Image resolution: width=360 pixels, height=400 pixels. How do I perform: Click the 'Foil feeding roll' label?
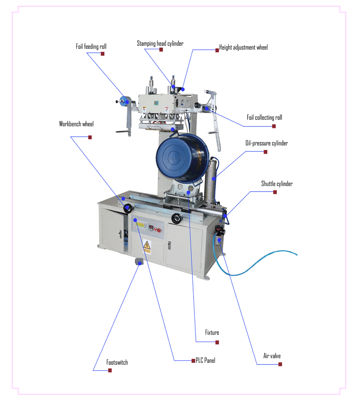pyautogui.click(x=91, y=46)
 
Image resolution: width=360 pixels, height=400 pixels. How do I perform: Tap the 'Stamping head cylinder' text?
pyautogui.click(x=160, y=43)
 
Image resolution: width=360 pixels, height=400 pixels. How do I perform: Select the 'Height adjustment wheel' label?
pyautogui.click(x=244, y=48)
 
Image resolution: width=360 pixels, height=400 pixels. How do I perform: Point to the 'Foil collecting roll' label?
pyautogui.click(x=264, y=117)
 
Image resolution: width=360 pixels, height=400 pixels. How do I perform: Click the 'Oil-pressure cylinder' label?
pyautogui.click(x=267, y=143)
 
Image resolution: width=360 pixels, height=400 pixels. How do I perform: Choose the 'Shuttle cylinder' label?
pyautogui.click(x=277, y=184)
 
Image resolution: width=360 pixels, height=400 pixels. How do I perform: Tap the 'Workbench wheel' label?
pyautogui.click(x=76, y=124)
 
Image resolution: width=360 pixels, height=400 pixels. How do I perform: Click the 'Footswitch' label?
pyautogui.click(x=117, y=362)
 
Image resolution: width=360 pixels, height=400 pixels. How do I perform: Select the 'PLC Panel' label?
pyautogui.click(x=205, y=360)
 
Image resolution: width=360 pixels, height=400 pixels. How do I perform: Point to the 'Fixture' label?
pyautogui.click(x=212, y=332)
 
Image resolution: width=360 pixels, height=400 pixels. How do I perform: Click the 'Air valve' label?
pyautogui.click(x=272, y=356)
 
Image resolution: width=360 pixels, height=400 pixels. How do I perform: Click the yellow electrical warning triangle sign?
pyautogui.click(x=147, y=245)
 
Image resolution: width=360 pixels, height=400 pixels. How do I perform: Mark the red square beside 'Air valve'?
pyautogui.click(x=280, y=364)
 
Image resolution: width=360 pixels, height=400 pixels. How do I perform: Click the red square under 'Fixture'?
pyautogui.click(x=217, y=342)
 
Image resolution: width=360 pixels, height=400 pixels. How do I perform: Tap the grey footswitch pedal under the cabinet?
pyautogui.click(x=138, y=261)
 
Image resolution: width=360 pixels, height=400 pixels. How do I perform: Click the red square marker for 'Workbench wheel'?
pyautogui.click(x=90, y=137)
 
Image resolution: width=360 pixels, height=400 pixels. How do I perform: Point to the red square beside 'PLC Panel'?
pyautogui.click(x=193, y=360)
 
